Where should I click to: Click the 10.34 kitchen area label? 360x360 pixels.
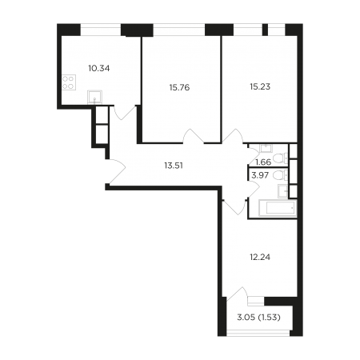click(x=99, y=69)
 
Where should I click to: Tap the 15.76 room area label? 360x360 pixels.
click(x=179, y=87)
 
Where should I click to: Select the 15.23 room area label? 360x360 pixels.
click(x=260, y=86)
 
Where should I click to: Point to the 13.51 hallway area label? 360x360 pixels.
click(x=174, y=166)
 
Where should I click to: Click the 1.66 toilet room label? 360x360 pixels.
click(x=263, y=162)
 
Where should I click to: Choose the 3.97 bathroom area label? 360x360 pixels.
click(x=260, y=175)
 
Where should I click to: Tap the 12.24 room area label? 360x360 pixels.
click(x=260, y=257)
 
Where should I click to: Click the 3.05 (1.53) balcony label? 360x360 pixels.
click(x=258, y=318)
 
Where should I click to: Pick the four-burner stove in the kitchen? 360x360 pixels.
click(x=69, y=82)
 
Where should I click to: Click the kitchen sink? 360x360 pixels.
click(x=94, y=98)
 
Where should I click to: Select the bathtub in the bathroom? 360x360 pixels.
click(x=278, y=208)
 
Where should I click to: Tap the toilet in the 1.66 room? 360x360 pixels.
click(x=281, y=158)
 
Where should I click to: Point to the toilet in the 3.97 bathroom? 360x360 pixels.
click(x=281, y=175)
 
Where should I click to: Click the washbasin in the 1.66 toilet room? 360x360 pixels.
click(x=266, y=148)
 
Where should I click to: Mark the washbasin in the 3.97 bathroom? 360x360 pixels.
click(x=282, y=191)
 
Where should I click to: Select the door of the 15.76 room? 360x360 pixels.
click(x=194, y=136)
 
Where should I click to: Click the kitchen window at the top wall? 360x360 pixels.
click(x=101, y=30)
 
